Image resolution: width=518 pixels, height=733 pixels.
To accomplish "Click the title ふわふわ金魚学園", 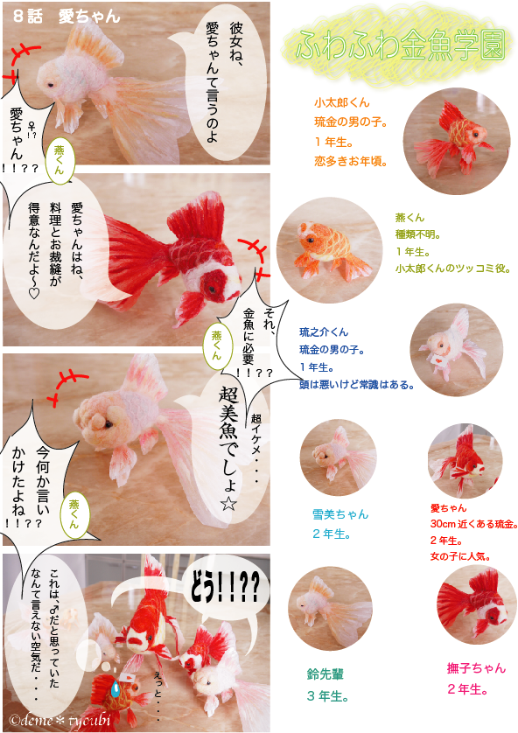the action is [400, 45].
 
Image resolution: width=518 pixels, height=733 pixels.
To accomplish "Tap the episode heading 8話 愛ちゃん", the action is [66, 17].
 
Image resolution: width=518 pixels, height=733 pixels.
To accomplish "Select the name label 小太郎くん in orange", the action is [342, 102].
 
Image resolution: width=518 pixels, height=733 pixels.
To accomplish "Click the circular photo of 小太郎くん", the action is [457, 141].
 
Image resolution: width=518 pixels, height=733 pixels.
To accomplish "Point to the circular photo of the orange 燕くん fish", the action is [329, 250].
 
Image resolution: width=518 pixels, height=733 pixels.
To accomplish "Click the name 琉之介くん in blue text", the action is [324, 332].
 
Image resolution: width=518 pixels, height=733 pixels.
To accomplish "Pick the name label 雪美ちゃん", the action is [340, 514].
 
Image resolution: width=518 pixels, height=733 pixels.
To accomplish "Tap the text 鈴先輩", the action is [325, 674].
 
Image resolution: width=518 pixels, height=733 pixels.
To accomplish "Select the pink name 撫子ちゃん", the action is [476, 668].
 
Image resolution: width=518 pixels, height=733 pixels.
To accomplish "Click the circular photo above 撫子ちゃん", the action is [476, 605].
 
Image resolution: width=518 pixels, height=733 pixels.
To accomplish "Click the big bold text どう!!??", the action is [224, 586].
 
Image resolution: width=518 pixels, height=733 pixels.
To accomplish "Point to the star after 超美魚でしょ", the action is [228, 504].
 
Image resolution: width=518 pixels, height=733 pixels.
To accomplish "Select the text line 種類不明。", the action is [418, 234].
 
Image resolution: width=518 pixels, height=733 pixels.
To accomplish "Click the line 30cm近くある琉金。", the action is [473, 524].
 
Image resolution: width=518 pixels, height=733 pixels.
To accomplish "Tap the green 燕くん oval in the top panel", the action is [59, 160].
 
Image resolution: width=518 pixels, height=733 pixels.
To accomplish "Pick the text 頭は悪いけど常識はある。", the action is [357, 385].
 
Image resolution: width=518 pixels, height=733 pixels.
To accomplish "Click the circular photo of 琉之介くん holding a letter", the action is [457, 350].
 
